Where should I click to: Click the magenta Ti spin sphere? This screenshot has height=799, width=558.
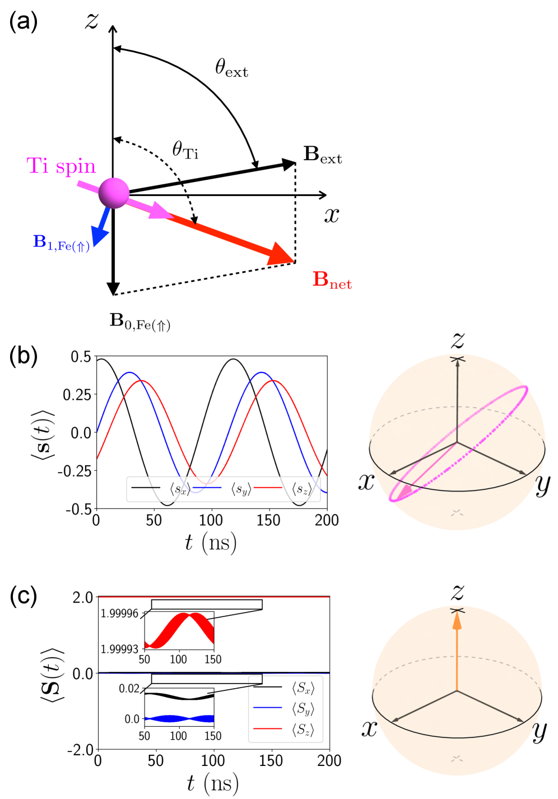114,193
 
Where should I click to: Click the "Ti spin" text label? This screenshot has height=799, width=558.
61,166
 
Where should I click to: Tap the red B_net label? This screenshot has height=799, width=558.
332,279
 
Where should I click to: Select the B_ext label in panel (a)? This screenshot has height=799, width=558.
322,155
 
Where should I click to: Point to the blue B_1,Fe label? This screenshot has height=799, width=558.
61,242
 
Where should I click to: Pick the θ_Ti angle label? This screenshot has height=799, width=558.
185,149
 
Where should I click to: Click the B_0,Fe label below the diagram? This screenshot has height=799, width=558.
139,321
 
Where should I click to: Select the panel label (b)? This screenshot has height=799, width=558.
24,356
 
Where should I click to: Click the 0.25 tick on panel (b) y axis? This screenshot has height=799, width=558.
77,395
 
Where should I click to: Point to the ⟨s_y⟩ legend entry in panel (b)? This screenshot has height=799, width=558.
241,489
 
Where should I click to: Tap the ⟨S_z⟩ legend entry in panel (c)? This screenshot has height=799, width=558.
303,729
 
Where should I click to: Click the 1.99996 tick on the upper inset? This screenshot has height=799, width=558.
119,614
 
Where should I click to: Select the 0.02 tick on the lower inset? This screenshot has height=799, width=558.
129,689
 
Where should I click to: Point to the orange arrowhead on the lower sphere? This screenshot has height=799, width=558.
457,619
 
